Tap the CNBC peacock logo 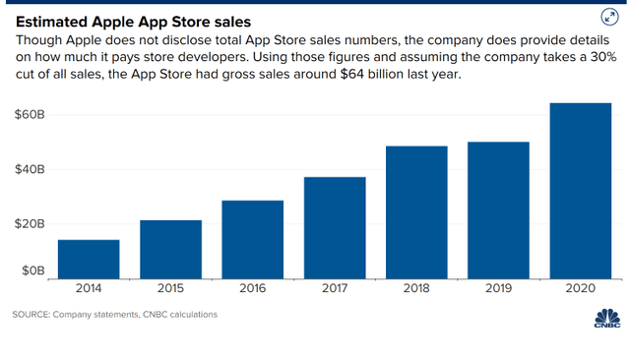click(x=607, y=319)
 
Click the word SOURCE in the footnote click(x=32, y=315)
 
